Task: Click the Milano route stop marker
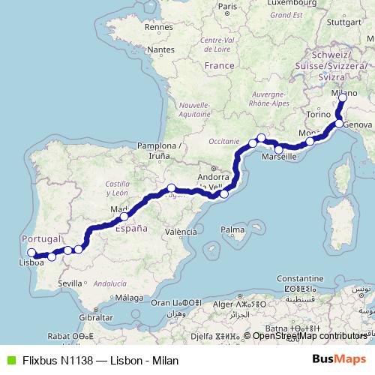pos(343,97)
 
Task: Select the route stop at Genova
pos(339,123)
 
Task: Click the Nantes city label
pos(160,49)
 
